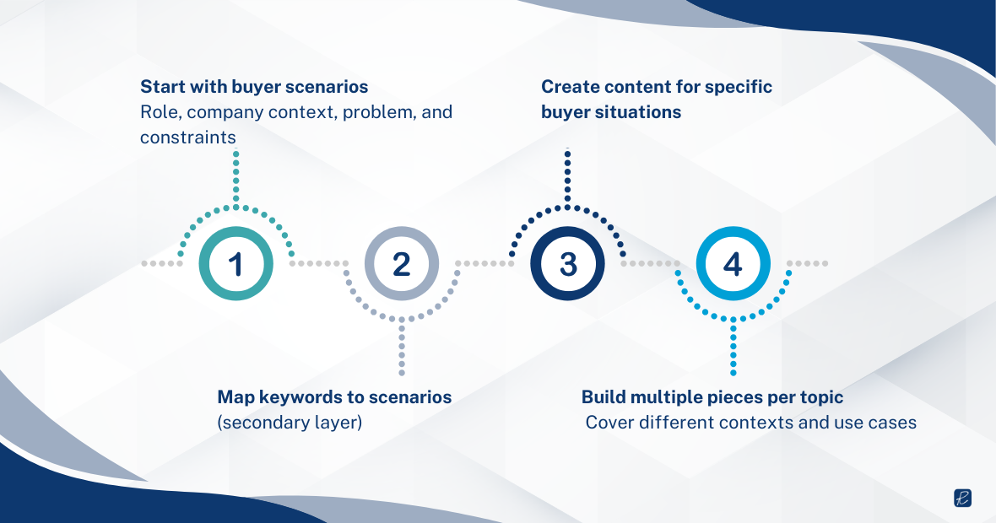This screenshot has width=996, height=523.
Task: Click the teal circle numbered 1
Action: click(x=235, y=264)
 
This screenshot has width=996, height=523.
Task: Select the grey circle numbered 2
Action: click(x=402, y=264)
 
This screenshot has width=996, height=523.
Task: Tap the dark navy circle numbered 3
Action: click(x=567, y=264)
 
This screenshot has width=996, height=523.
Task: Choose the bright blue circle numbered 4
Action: click(x=733, y=264)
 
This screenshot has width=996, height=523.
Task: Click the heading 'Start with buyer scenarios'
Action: click(x=254, y=87)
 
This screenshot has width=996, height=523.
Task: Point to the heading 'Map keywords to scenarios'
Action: click(x=334, y=396)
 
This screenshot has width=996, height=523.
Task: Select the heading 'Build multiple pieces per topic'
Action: click(x=712, y=396)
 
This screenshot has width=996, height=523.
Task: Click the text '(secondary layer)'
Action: click(x=290, y=422)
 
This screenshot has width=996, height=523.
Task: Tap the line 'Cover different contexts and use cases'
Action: click(x=750, y=422)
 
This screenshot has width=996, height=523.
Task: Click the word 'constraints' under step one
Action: click(x=187, y=137)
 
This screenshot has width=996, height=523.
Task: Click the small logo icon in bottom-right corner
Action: click(x=963, y=498)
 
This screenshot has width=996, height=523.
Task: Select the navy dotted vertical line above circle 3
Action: click(x=567, y=177)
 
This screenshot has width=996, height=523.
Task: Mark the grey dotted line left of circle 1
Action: click(x=162, y=264)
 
